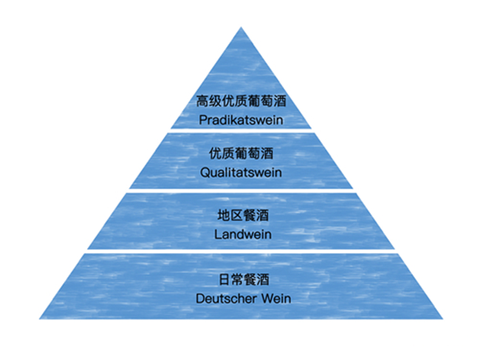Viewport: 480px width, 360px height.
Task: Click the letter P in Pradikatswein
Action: pos(202,119)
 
